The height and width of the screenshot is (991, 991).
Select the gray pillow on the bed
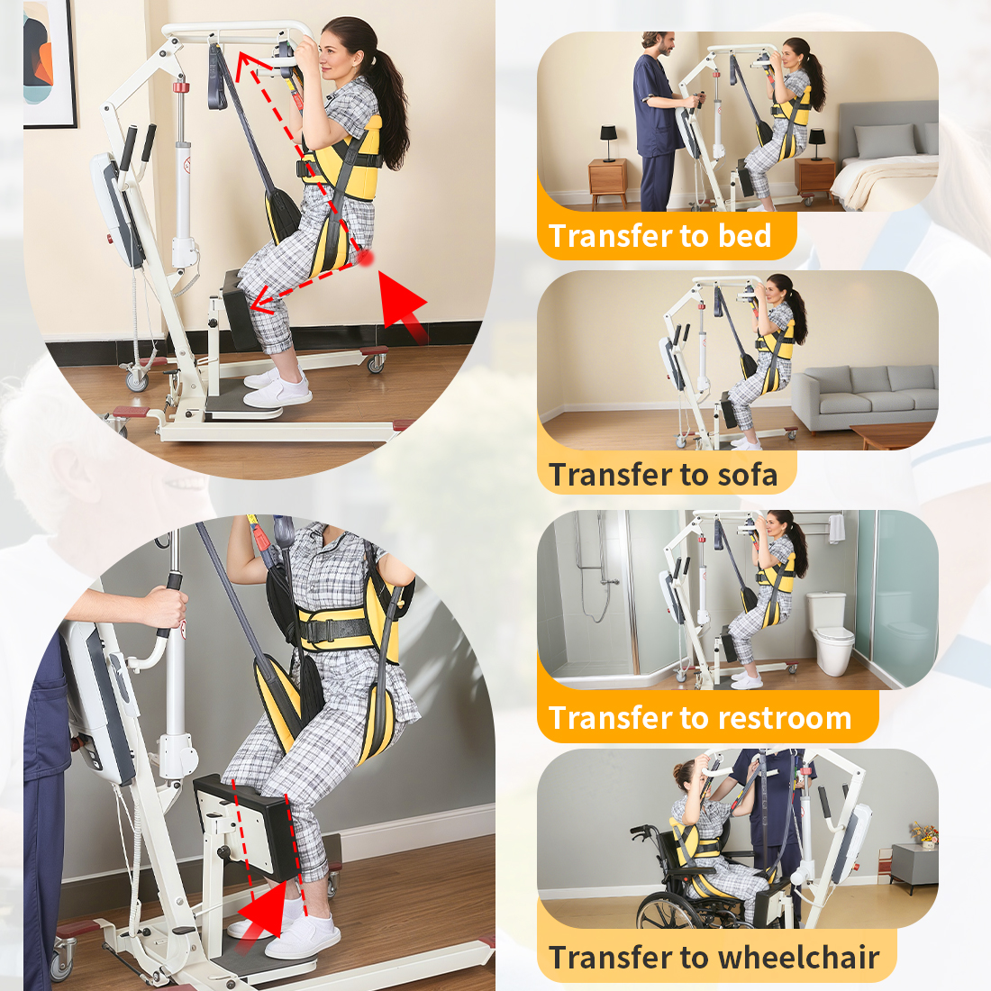[x=884, y=140]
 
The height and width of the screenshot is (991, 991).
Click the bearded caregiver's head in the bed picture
[x=658, y=43]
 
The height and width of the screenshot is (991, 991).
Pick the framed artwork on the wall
[x=50, y=62]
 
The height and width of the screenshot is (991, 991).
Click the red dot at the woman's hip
[x=365, y=258]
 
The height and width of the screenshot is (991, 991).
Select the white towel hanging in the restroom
[x=838, y=528]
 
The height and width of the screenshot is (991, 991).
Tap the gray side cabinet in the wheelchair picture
[x=914, y=867]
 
